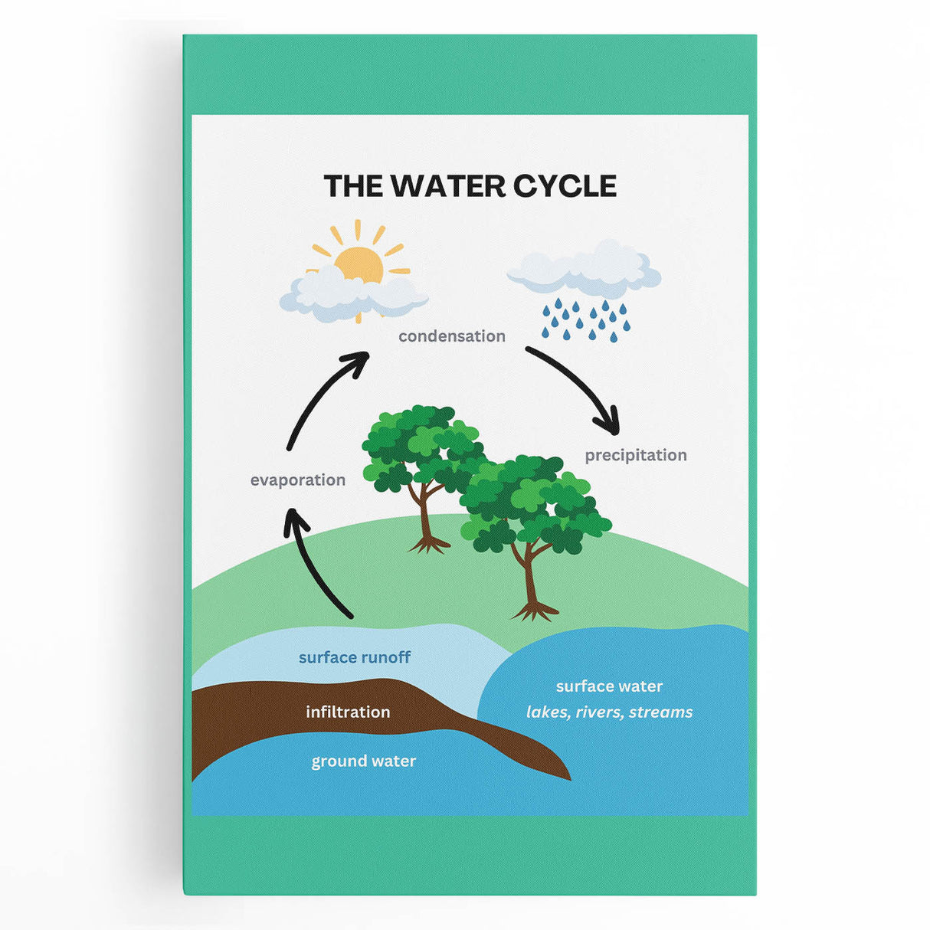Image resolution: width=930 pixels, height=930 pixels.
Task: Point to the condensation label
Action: pyautogui.click(x=451, y=336)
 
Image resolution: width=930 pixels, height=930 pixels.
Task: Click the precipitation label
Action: pyautogui.click(x=635, y=455)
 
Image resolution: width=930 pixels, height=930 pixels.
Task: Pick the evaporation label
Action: pyautogui.click(x=297, y=480)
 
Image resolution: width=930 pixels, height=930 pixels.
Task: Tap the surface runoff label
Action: pyautogui.click(x=354, y=657)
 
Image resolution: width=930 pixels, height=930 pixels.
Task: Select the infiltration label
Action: pyautogui.click(x=348, y=712)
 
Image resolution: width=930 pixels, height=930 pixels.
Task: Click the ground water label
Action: pyautogui.click(x=363, y=761)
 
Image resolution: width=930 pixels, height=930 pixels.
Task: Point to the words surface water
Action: pyautogui.click(x=609, y=686)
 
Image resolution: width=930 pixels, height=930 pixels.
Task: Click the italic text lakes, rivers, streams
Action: pyautogui.click(x=609, y=712)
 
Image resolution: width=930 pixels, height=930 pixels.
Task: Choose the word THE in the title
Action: pyautogui.click(x=352, y=186)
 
